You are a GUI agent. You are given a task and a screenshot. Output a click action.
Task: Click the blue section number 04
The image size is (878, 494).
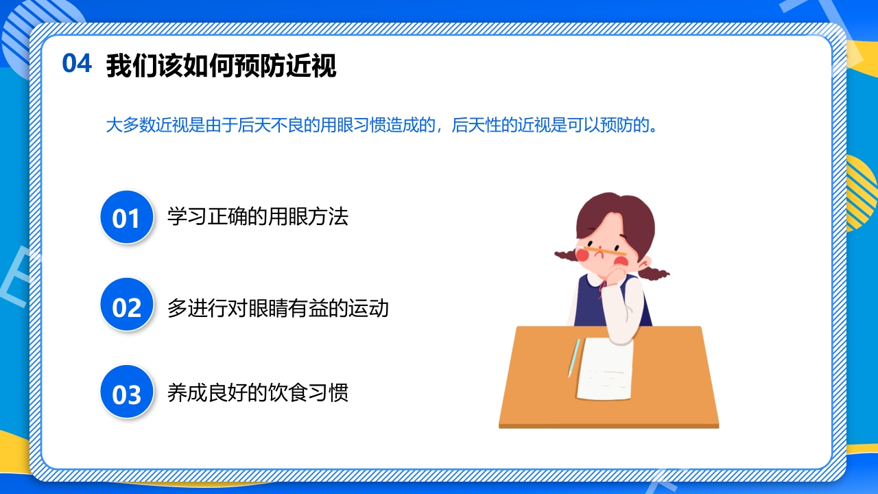pos(77,63)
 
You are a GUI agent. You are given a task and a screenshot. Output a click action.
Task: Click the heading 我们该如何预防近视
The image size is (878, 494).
pos(221,67)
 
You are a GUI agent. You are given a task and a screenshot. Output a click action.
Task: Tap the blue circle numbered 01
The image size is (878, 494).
pos(126,218)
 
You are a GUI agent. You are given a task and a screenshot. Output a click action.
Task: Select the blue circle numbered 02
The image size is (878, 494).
pos(126,307)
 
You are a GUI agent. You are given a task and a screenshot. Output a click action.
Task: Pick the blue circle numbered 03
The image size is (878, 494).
pos(126,394)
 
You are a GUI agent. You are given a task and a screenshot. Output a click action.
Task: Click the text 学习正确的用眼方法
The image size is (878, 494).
pos(258,217)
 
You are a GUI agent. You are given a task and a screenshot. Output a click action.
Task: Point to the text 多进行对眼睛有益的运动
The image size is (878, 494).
pos(278,307)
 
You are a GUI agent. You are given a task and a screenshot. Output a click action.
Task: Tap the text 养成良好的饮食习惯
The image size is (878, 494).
pos(258,393)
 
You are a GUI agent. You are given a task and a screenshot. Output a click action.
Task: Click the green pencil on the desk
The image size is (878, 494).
pos(574,357)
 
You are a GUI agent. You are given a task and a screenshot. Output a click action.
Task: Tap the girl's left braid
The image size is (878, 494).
pos(567,255)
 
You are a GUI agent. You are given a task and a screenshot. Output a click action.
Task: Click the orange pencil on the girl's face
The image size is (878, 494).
pos(604,248)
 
